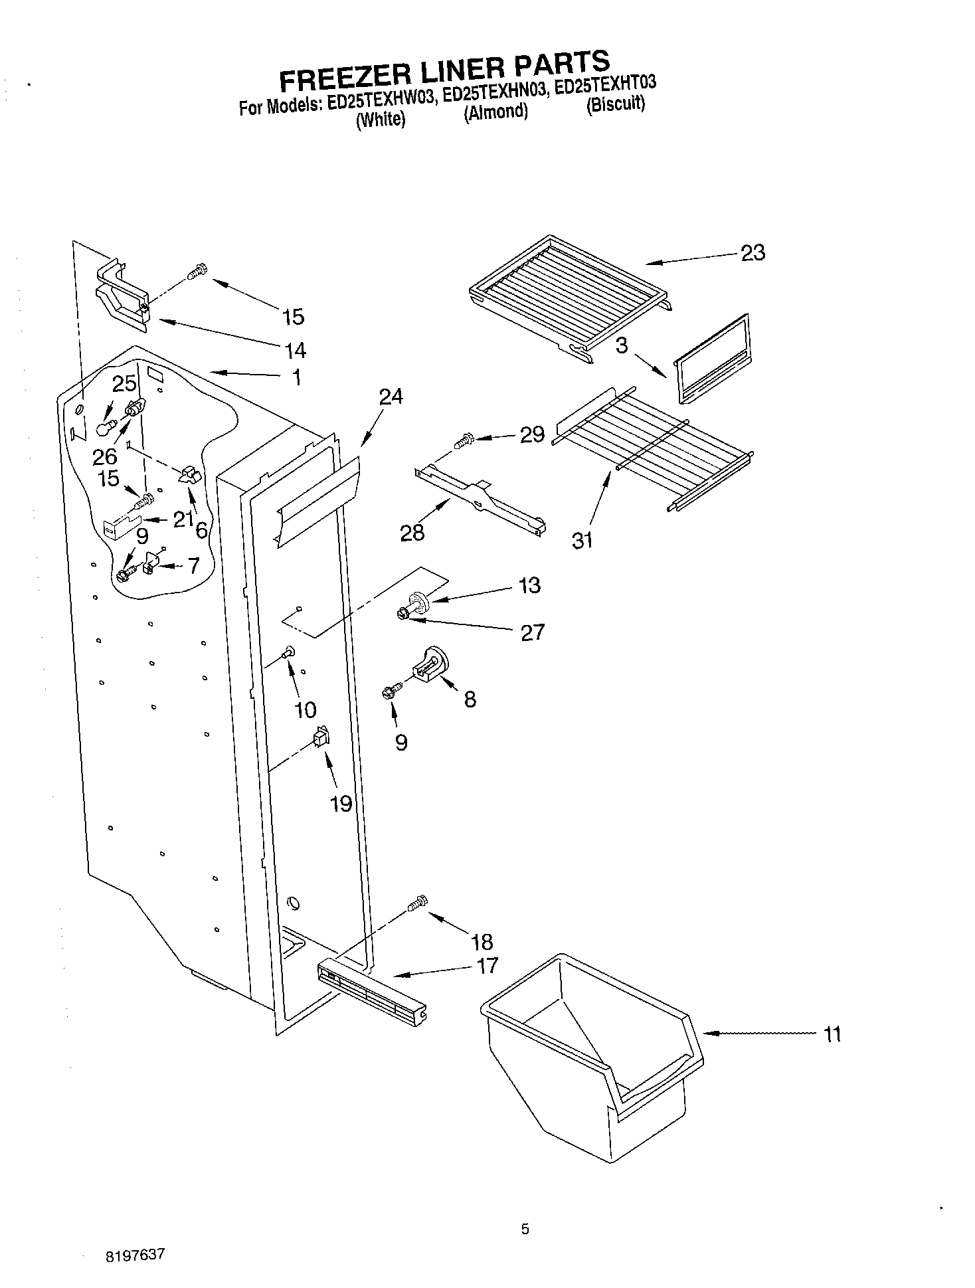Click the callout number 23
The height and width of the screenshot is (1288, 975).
point(753,252)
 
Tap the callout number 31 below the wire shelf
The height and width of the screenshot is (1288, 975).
point(582,540)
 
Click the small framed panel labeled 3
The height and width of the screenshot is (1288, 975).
point(711,359)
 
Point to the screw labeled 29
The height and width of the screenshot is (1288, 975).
point(463,440)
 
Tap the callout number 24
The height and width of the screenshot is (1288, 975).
point(391,397)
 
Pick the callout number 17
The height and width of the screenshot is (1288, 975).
point(487,965)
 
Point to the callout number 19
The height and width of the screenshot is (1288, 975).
point(341,804)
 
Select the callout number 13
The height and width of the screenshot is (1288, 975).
point(529,585)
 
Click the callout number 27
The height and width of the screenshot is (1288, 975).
point(532,632)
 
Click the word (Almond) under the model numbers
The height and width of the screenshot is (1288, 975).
point(495,112)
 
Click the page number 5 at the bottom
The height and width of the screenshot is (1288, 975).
point(525,1230)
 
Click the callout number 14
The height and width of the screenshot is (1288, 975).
point(294,349)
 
